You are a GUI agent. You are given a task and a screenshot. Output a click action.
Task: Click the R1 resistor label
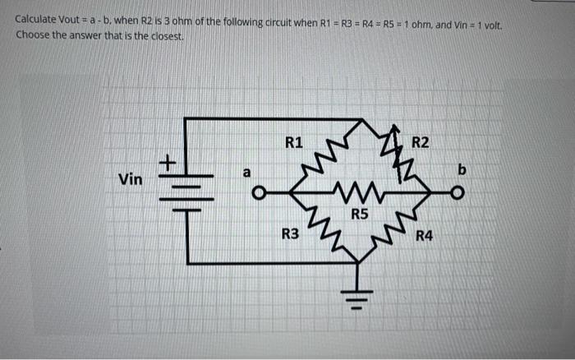(x=294, y=141)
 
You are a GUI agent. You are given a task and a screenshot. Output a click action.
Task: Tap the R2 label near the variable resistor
(x=420, y=142)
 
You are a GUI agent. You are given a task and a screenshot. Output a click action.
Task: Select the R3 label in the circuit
(x=290, y=234)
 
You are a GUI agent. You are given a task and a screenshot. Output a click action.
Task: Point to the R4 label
(x=424, y=238)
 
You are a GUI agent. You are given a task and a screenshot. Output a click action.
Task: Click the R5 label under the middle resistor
(x=359, y=215)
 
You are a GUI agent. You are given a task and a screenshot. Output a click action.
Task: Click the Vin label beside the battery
(x=130, y=178)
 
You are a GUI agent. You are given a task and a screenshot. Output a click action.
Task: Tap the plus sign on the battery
(x=168, y=164)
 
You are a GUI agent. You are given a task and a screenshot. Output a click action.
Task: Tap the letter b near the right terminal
(x=462, y=170)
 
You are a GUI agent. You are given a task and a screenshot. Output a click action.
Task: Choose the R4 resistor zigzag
(x=397, y=231)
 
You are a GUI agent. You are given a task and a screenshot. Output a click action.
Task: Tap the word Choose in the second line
(x=33, y=37)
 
